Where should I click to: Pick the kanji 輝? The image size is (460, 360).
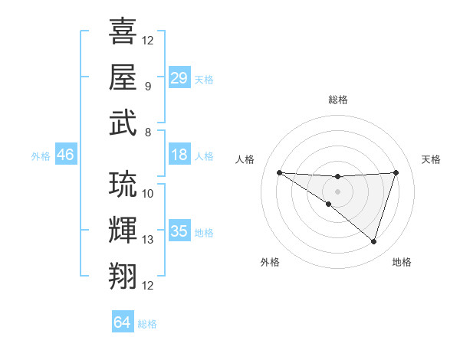tap(123, 230)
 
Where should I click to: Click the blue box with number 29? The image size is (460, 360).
tap(179, 78)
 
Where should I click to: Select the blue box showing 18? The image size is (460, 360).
tap(179, 155)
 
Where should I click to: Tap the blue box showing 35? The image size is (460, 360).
tap(179, 231)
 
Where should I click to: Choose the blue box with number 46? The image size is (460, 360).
tap(66, 155)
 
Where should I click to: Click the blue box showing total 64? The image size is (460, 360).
tap(123, 322)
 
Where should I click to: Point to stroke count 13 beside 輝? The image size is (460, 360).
tap(148, 240)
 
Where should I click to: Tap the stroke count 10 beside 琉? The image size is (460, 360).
tap(148, 194)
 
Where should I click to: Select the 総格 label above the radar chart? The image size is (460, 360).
tap(337, 100)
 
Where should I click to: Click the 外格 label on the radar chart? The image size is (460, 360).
tap(269, 262)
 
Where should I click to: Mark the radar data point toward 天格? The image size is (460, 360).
tap(396, 172)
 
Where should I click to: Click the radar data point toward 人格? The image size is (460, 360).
tap(279, 172)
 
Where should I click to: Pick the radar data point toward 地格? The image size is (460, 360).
tap(373, 241)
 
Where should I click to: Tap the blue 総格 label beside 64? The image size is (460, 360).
tap(147, 324)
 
